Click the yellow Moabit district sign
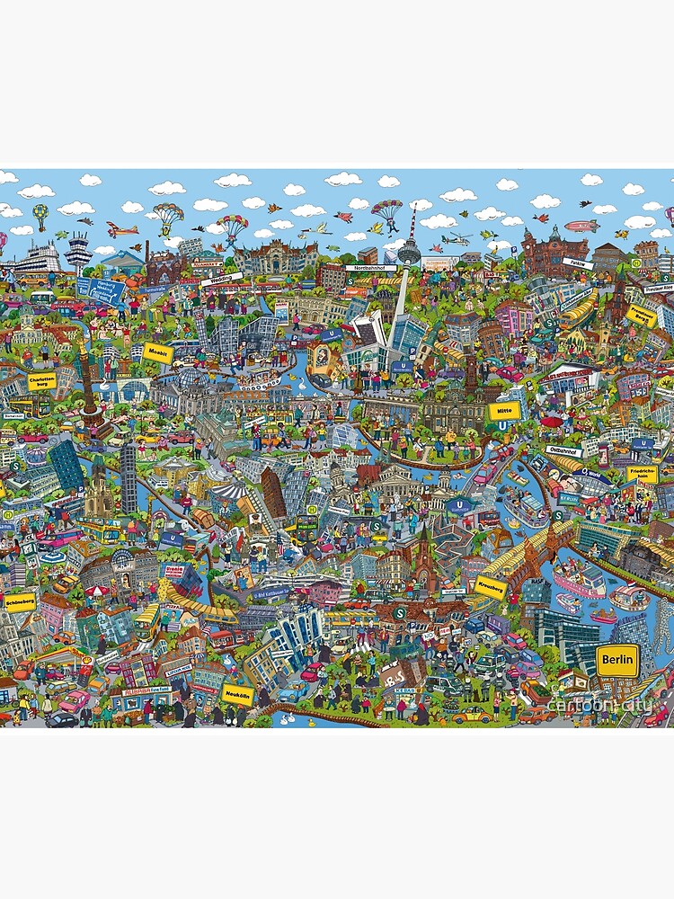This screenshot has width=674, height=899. [157, 352]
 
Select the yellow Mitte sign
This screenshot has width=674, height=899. [503, 411]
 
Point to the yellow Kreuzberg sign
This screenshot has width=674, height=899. [492, 586]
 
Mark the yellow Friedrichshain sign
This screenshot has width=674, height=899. [643, 474]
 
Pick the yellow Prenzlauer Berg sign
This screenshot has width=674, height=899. [642, 316]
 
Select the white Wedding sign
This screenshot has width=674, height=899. [216, 280]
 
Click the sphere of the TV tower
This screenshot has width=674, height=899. [409, 254]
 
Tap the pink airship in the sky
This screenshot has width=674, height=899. [581, 226]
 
